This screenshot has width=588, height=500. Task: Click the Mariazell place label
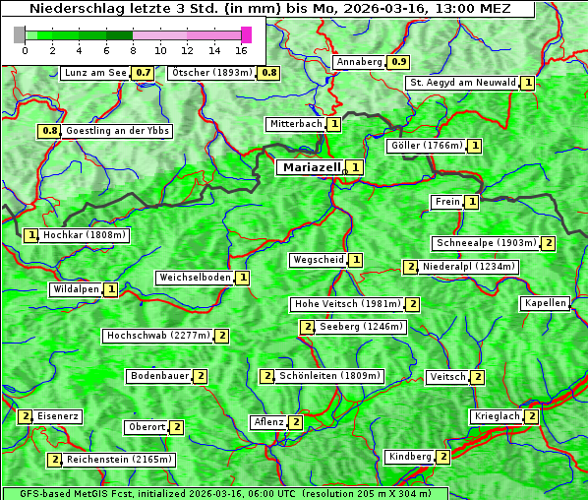pos(311,167)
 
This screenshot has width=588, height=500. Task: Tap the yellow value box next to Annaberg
pos(398,62)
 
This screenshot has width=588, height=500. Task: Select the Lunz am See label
pos(95,73)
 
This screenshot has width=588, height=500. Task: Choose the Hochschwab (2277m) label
pos(158,336)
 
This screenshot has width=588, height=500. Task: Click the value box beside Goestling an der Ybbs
pos(48,131)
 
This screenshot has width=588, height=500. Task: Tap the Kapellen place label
pos(545,303)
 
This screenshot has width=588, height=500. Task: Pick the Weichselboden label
pos(196,278)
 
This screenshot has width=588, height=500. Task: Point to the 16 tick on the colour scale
pos(242,49)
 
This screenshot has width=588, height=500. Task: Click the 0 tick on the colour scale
pos(25,49)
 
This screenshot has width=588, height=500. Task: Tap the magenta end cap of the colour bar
pos(246,34)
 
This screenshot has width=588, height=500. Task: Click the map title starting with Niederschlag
pos(268,9)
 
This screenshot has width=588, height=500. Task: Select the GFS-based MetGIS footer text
pos(224,493)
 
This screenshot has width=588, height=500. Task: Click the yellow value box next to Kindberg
pos(443,457)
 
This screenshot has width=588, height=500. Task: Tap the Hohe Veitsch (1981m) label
pos(349,304)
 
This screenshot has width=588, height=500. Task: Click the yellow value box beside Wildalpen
pos(111,289)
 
